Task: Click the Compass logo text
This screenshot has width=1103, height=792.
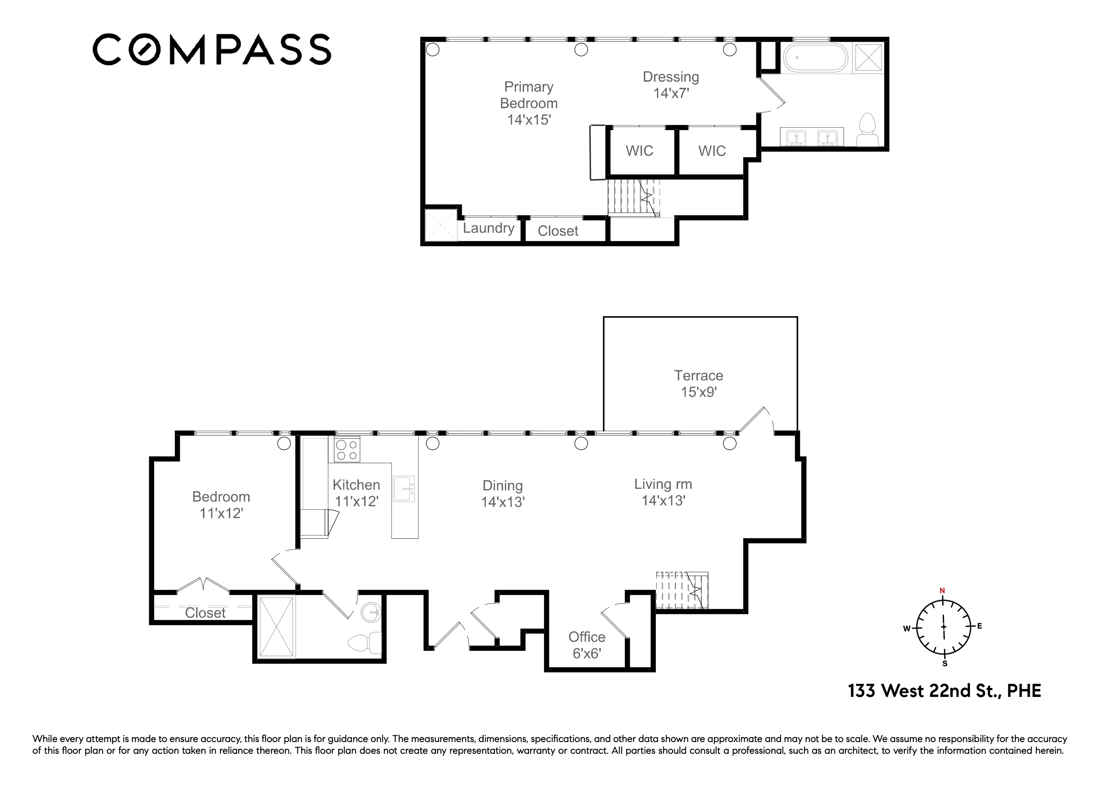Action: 212,49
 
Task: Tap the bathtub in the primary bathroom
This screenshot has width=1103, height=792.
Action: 816,58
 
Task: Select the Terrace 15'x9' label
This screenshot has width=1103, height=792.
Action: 698,384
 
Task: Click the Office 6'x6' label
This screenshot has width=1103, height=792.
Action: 587,645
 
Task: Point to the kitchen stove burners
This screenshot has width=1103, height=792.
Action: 347,450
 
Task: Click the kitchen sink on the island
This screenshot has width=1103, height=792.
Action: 404,488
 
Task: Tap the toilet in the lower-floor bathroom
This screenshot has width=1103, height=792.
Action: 365,642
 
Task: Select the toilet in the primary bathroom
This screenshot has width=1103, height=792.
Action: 867,130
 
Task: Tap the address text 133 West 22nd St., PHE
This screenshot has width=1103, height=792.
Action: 944,691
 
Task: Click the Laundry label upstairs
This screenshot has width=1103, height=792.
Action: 488,228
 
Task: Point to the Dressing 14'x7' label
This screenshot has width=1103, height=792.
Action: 671,85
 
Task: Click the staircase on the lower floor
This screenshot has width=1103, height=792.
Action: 681,590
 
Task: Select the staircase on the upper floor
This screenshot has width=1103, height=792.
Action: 633,197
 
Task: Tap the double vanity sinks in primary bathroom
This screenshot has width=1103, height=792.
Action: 811,137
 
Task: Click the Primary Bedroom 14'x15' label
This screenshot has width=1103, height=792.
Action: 529,103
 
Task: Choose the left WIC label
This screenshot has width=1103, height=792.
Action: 639,151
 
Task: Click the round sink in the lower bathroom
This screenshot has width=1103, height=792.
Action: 371,612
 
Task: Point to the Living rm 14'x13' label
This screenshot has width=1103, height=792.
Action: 663,492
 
